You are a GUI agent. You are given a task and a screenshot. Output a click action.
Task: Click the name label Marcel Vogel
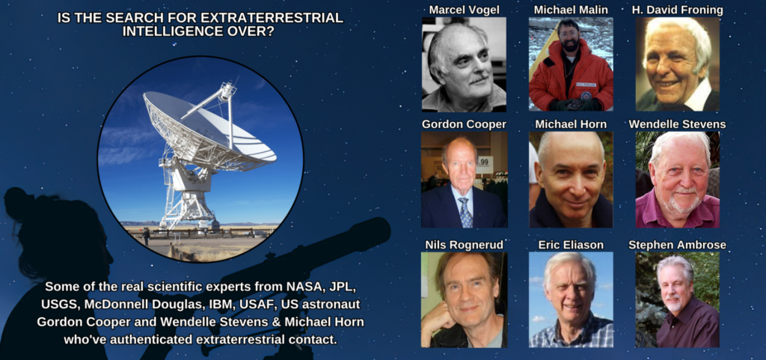pyautogui.click(x=464, y=10)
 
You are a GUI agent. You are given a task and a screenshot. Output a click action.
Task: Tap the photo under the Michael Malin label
pyautogui.click(x=571, y=64)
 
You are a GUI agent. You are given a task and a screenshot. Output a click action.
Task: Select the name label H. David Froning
pyautogui.click(x=677, y=10)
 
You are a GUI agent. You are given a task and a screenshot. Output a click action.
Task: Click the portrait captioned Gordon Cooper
pyautogui.click(x=464, y=180)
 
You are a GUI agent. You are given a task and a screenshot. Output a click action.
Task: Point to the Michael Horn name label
pyautogui.click(x=571, y=124)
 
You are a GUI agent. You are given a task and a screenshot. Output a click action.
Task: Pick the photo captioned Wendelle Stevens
pyautogui.click(x=677, y=180)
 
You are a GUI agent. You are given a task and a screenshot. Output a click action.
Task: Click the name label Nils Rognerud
pyautogui.click(x=464, y=245)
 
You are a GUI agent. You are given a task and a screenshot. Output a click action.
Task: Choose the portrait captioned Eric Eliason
pyautogui.click(x=571, y=299)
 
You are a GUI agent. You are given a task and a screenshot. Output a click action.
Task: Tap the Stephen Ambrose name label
pyautogui.click(x=677, y=245)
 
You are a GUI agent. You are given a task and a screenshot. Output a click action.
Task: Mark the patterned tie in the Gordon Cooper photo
pyautogui.click(x=465, y=212)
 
